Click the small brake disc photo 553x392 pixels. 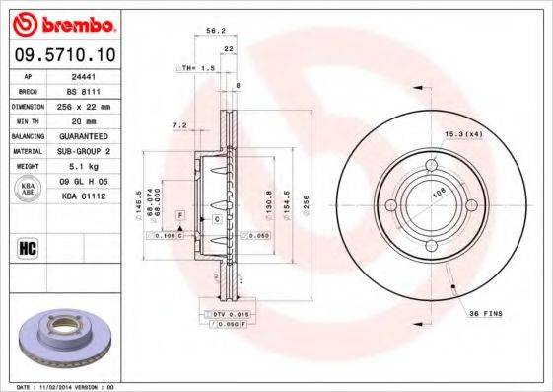click(x=68, y=341)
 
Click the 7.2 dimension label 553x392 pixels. click(x=178, y=125)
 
